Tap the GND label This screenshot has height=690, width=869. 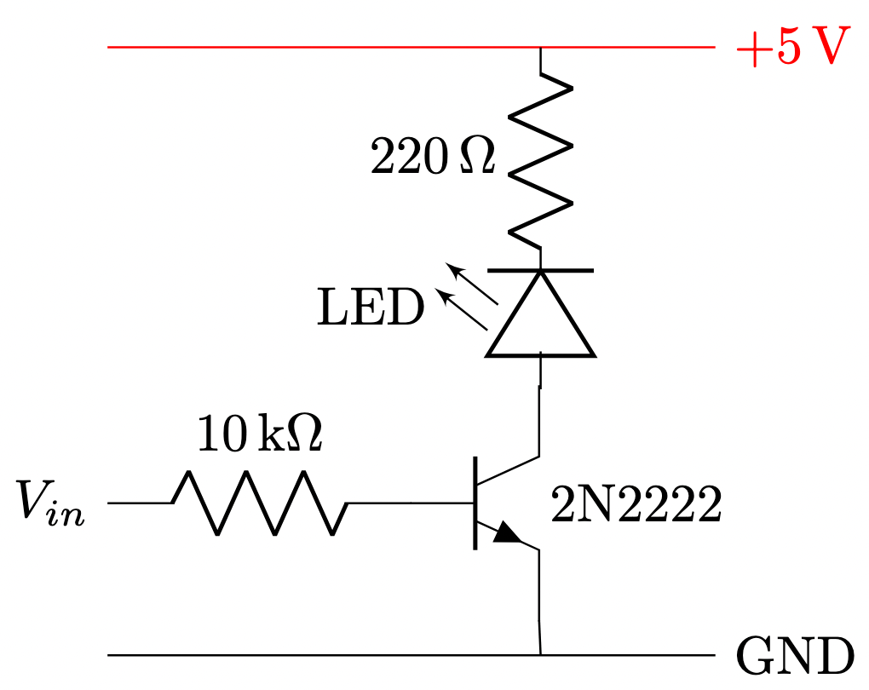(793, 656)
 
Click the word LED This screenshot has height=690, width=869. (370, 309)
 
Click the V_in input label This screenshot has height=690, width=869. (50, 503)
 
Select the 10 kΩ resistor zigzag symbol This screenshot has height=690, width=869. (260, 503)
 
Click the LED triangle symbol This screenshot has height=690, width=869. (540, 319)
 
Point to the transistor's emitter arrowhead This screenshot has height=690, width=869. (508, 534)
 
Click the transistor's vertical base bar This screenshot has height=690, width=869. (475, 503)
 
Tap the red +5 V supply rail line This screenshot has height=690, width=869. (341, 48)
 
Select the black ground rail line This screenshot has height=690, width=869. (341, 655)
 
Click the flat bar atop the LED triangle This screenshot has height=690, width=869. (540, 270)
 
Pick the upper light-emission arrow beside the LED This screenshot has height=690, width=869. (474, 284)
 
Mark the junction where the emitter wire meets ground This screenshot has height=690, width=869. (540, 655)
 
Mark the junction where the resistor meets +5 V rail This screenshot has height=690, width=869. (540, 48)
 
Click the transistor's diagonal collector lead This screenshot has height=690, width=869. (509, 471)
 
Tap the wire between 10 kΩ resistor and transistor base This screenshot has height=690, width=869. (409, 503)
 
